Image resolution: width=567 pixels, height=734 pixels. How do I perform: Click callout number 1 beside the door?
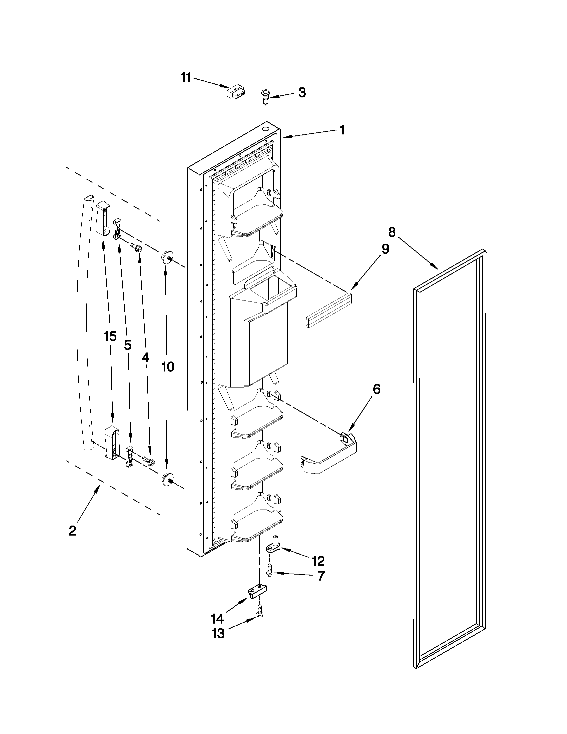342,130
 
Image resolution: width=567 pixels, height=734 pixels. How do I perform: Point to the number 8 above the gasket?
392,231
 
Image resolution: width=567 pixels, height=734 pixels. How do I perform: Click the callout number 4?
145,358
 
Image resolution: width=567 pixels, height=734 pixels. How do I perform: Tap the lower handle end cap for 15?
111,442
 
